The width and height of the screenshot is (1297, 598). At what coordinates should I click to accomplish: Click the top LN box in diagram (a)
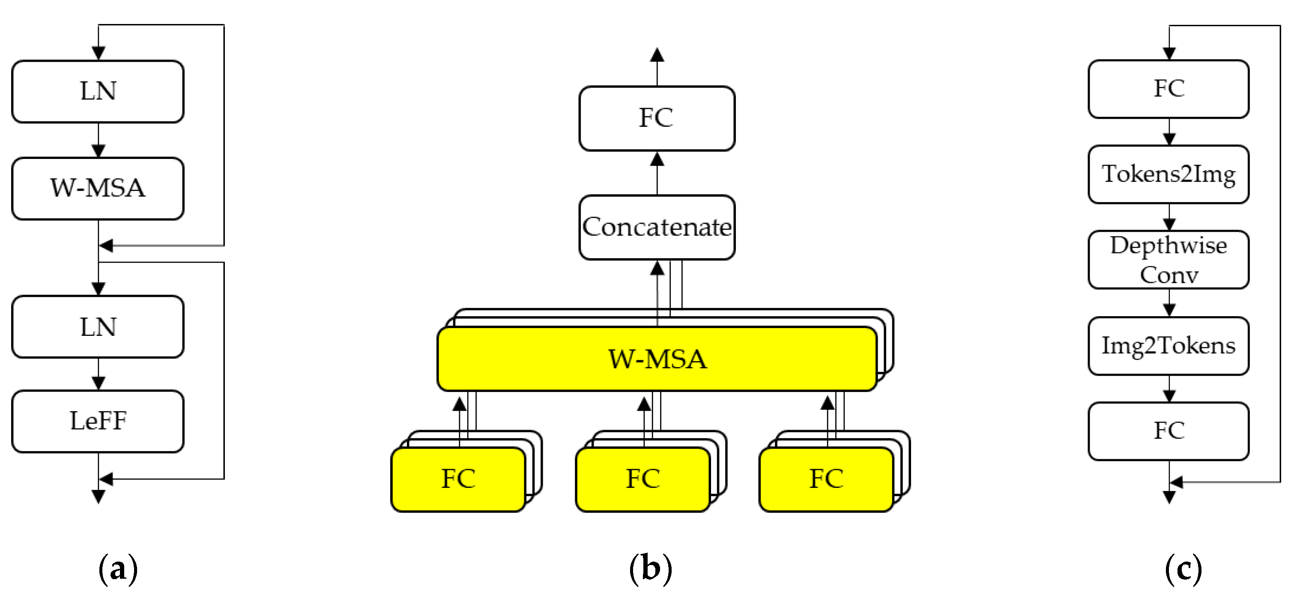pyautogui.click(x=98, y=92)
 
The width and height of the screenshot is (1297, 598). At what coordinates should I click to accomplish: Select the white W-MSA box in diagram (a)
pyautogui.click(x=98, y=188)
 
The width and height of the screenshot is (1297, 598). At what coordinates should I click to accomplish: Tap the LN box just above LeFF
pyautogui.click(x=98, y=327)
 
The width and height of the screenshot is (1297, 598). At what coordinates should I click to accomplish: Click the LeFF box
pyautogui.click(x=98, y=421)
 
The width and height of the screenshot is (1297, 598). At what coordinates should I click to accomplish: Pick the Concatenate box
pyautogui.click(x=657, y=227)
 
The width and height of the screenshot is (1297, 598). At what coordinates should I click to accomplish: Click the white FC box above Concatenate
pyautogui.click(x=657, y=118)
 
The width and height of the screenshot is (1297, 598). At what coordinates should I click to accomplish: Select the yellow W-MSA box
pyautogui.click(x=657, y=359)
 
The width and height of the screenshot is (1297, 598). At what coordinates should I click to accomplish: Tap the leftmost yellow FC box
pyautogui.click(x=458, y=479)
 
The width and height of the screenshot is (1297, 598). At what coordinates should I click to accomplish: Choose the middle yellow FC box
pyautogui.click(x=643, y=479)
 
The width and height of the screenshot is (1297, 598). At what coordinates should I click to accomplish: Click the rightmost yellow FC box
pyautogui.click(x=826, y=479)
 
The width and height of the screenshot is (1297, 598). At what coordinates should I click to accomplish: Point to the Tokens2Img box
pyautogui.click(x=1168, y=174)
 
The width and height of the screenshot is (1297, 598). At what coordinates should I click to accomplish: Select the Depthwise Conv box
pyautogui.click(x=1168, y=260)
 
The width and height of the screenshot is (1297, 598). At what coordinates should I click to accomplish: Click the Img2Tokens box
pyautogui.click(x=1168, y=345)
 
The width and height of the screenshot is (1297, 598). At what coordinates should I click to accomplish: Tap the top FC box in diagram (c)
pyautogui.click(x=1168, y=89)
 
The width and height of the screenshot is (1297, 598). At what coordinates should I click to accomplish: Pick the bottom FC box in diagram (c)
pyautogui.click(x=1168, y=431)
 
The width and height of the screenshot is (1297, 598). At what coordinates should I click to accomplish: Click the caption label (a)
pyautogui.click(x=118, y=569)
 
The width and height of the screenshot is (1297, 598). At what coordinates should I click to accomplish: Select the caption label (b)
pyautogui.click(x=651, y=569)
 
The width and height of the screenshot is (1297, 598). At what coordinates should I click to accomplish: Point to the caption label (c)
pyautogui.click(x=1183, y=569)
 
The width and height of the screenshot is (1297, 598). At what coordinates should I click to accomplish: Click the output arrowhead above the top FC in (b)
pyautogui.click(x=657, y=54)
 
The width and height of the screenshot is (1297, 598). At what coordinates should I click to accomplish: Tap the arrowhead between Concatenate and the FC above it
pyautogui.click(x=657, y=160)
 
